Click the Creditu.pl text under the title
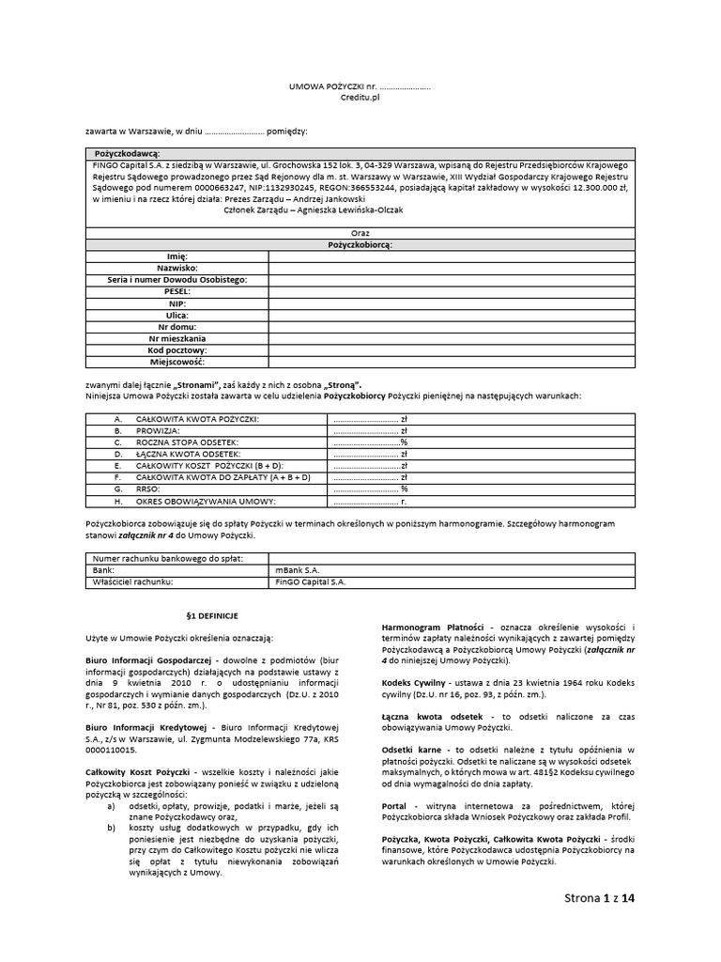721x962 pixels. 360,97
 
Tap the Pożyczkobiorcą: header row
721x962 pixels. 360,243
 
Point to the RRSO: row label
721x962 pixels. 148,489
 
